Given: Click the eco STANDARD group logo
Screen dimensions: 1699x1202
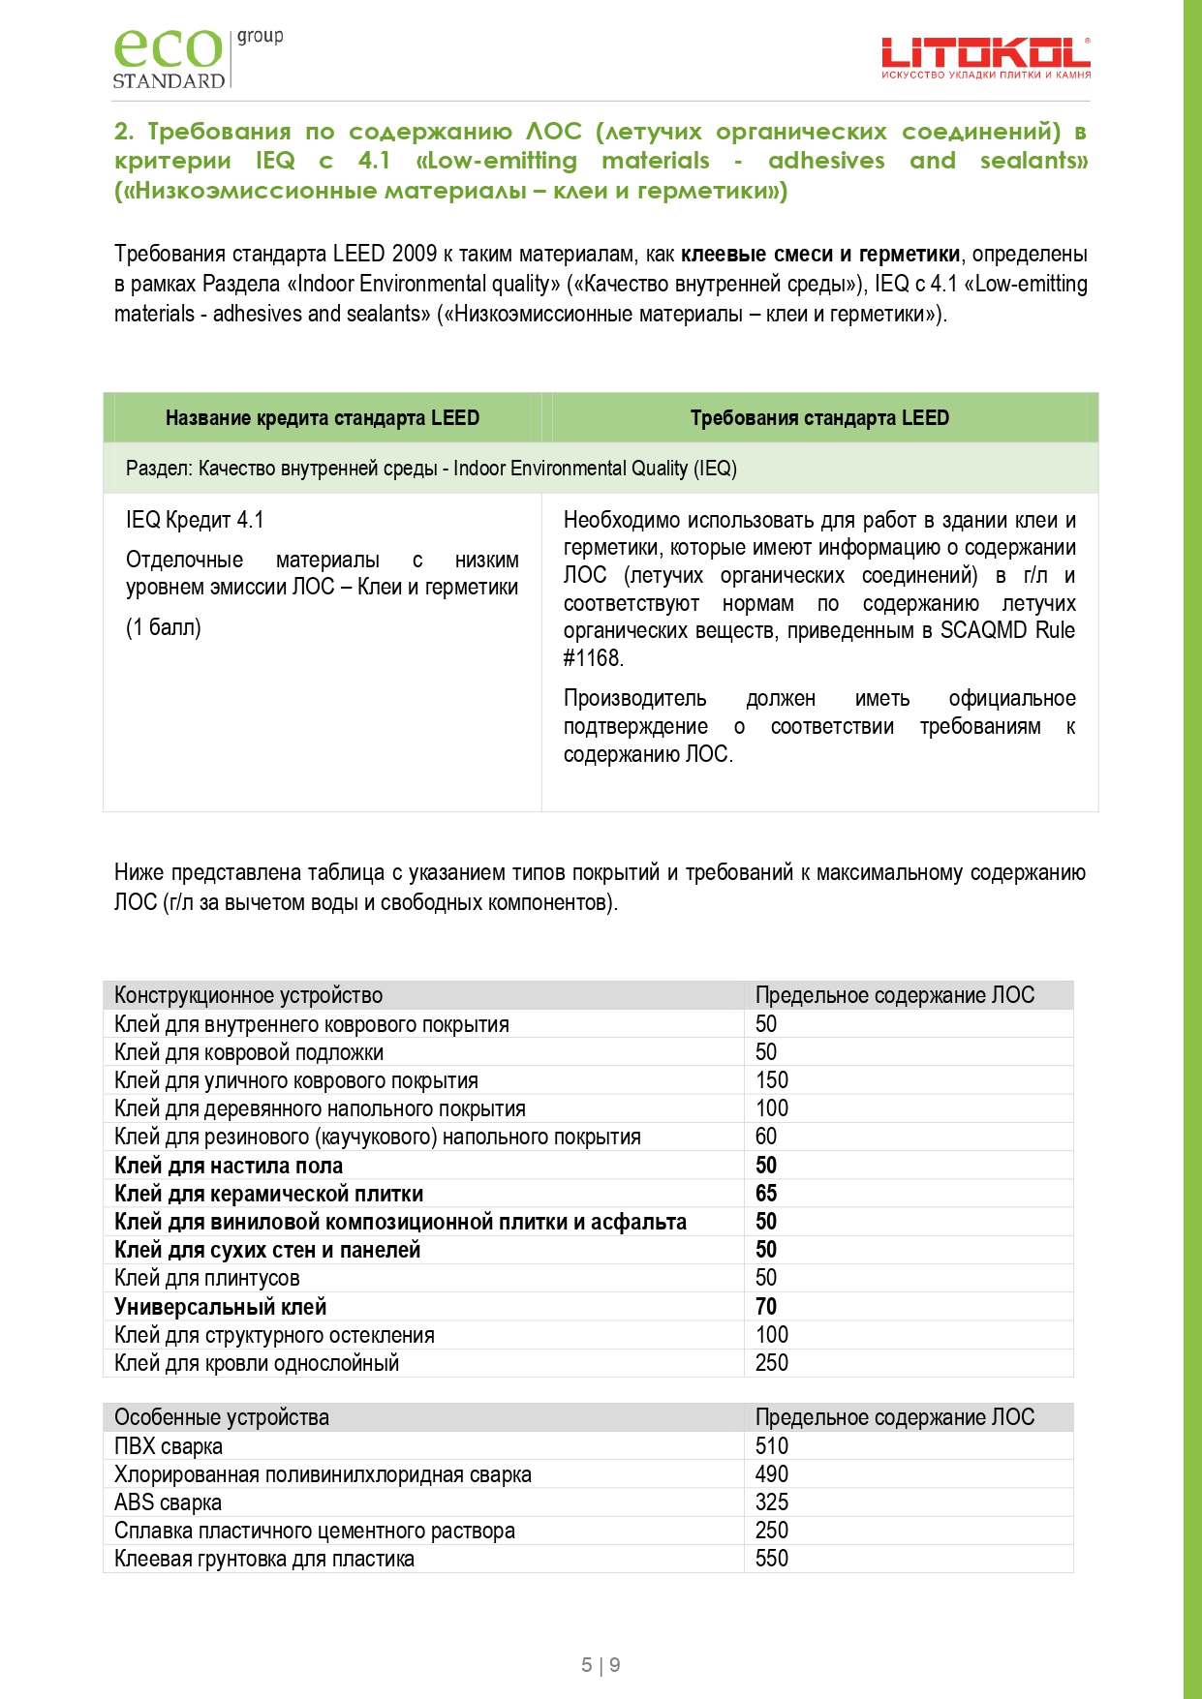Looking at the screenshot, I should coord(197,58).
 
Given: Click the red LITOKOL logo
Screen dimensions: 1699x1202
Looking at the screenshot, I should coord(985,58).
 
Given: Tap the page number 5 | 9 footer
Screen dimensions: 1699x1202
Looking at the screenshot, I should coord(601,1665).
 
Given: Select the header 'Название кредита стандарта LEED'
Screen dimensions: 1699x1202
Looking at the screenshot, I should coord(323,418).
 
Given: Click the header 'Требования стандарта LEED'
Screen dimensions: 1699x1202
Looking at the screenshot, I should coord(819,418).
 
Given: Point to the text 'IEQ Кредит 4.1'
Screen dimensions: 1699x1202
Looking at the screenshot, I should coord(195,520).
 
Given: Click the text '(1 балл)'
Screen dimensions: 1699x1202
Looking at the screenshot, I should coord(164,627).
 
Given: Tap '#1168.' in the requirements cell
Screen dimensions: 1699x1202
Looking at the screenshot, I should coord(593,658).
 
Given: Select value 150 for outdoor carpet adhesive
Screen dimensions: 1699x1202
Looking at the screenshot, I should coord(772,1080).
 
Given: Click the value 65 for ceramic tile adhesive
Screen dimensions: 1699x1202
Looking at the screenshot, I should coord(766,1194).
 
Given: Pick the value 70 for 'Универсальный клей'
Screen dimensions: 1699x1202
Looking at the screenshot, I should coord(766,1307).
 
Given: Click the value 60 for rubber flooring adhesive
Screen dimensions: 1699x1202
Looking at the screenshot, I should coord(766,1137).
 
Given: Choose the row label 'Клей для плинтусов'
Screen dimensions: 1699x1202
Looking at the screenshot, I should coord(207,1278).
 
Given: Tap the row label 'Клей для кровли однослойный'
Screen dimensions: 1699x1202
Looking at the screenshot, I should coord(257,1363).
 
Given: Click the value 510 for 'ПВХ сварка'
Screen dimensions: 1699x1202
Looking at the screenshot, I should coord(772,1446).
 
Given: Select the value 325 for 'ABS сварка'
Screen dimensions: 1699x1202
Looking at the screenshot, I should coord(772,1502).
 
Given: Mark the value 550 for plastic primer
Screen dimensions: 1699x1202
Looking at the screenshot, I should coord(772,1559).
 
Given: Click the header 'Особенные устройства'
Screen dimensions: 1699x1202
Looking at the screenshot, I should coord(222,1417).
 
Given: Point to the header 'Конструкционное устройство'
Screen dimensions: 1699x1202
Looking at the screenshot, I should coord(249,995).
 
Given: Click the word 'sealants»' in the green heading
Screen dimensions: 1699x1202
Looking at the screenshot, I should coord(1033,161).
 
